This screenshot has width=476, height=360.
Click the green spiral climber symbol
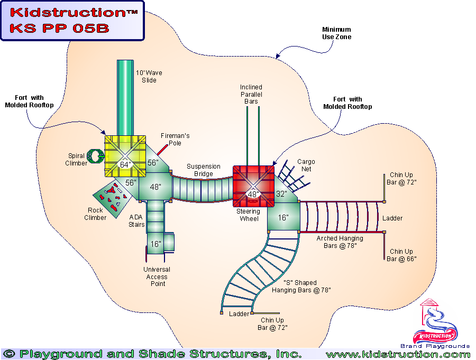(95, 155)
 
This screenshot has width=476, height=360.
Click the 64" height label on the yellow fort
(125, 164)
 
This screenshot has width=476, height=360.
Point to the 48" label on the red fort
(253, 194)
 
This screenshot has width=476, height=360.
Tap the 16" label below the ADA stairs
(155, 244)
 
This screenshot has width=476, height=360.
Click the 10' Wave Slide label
(149, 76)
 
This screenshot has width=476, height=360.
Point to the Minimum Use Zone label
(337, 33)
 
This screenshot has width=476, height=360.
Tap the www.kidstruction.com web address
(398, 354)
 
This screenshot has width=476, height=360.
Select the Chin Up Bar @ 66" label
(401, 255)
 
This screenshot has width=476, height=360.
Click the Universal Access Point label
(157, 276)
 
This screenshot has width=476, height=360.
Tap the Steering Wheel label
(248, 215)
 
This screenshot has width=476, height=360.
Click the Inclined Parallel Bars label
(251, 94)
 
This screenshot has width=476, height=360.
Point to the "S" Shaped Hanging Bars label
(301, 286)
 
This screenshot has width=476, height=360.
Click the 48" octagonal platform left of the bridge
(155, 187)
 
